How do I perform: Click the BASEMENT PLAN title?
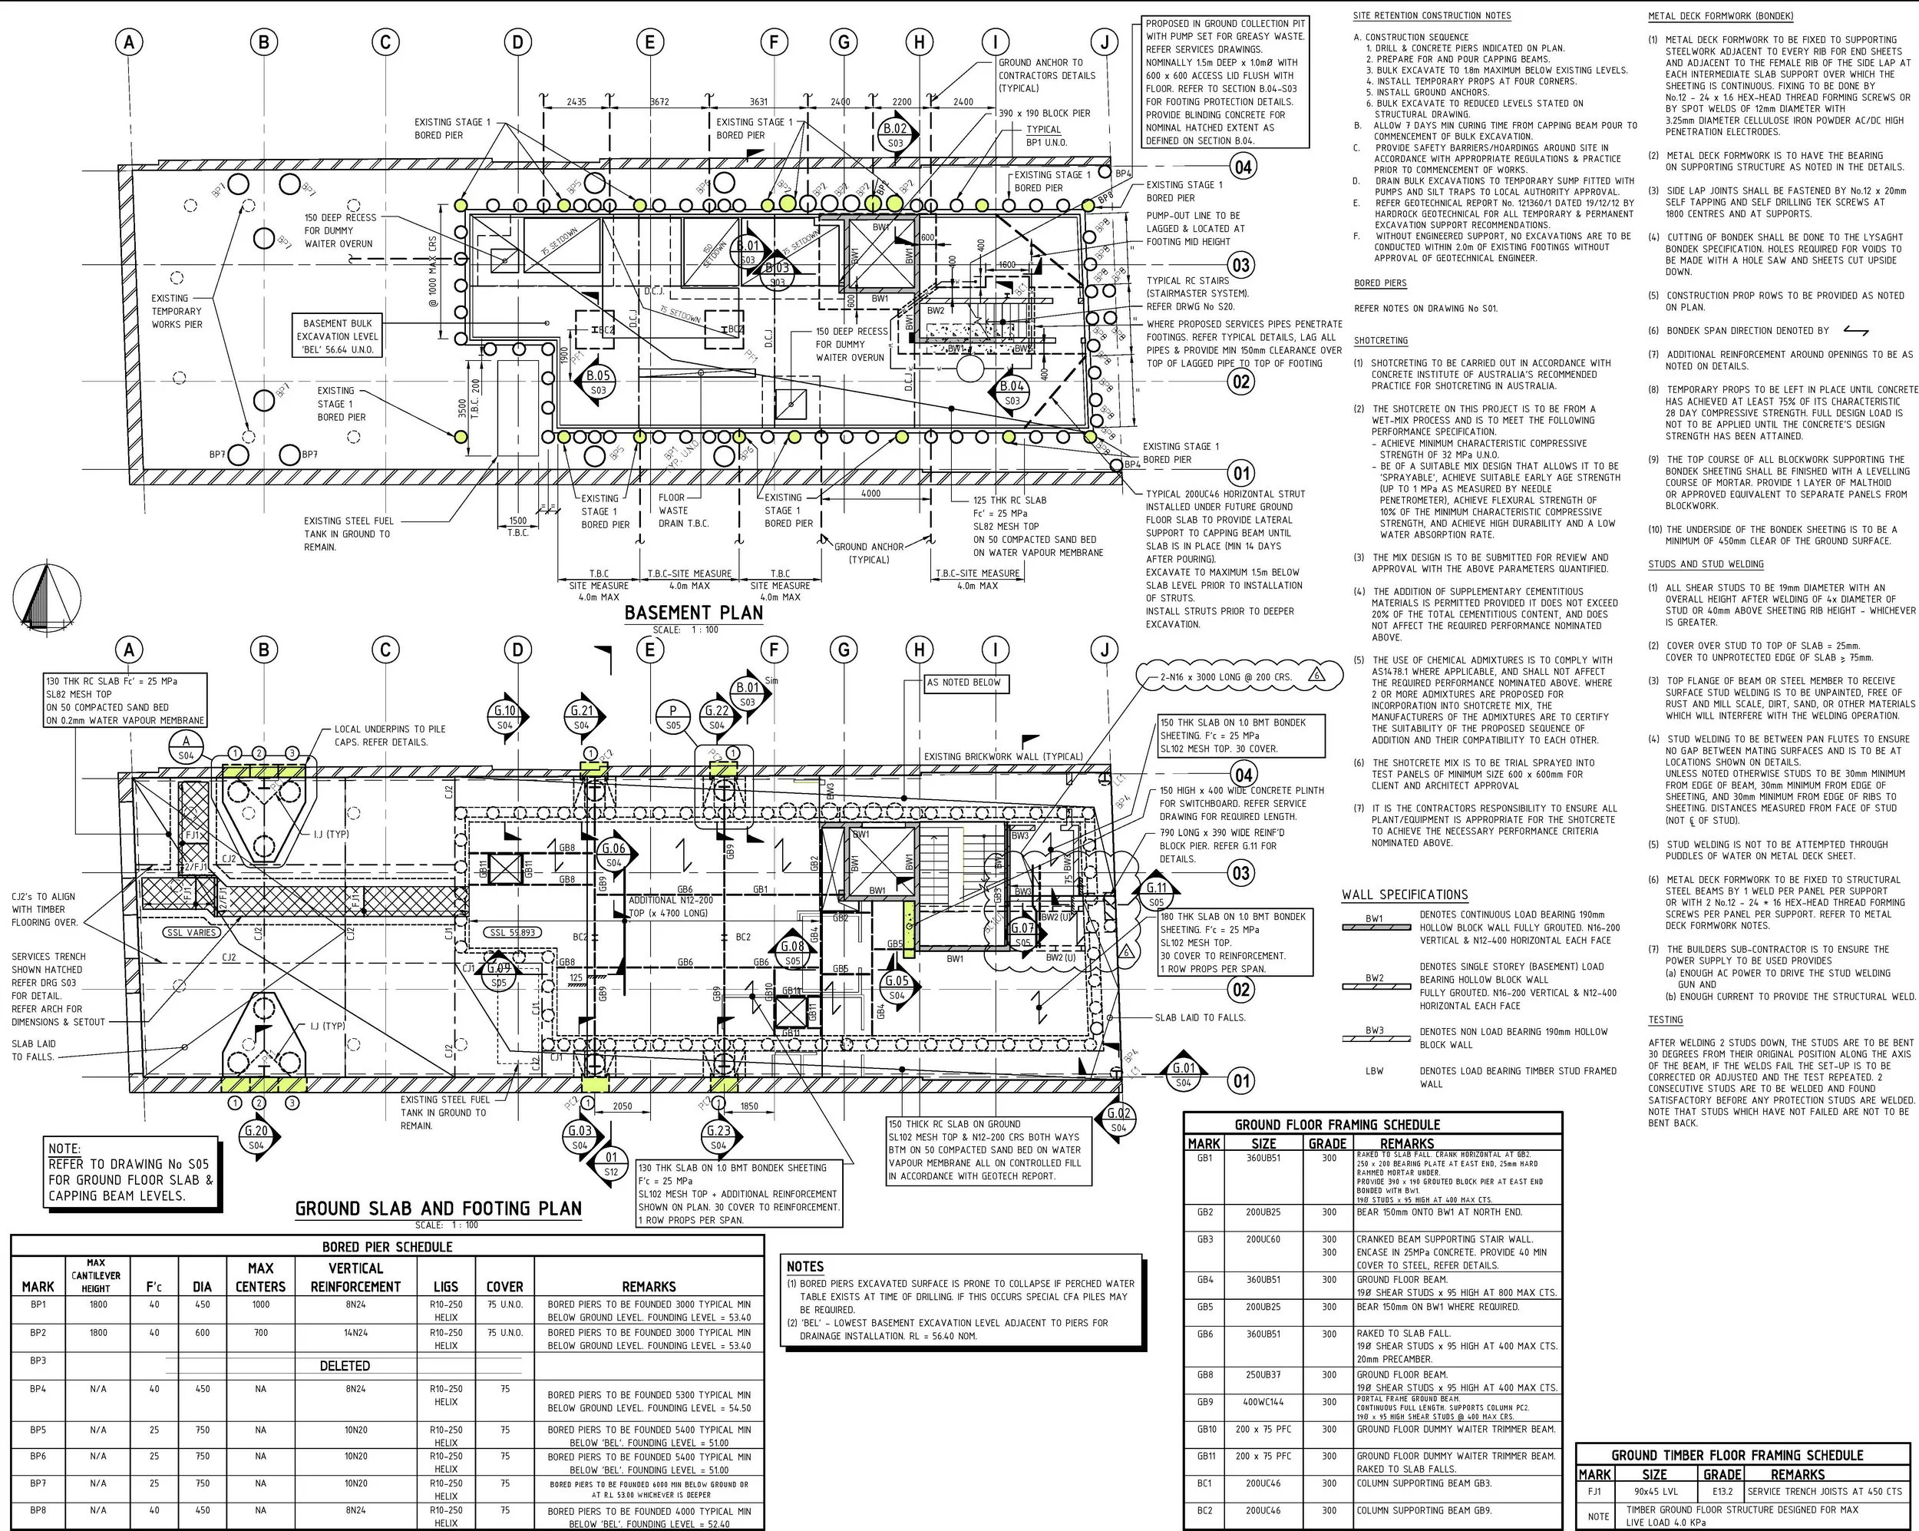(693, 613)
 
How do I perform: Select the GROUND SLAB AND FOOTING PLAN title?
(438, 1208)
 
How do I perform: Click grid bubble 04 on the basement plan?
(1242, 167)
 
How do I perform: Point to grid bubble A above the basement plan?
(130, 41)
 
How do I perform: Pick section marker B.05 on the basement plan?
(598, 382)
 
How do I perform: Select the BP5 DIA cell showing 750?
(202, 1430)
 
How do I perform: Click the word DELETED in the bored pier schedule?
(345, 1365)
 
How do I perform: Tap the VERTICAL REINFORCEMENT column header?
(355, 1278)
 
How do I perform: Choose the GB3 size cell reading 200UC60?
(1263, 1239)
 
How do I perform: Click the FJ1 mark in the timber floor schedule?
(1594, 1491)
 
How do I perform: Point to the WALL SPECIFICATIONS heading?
(1405, 894)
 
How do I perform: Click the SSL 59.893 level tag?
(512, 933)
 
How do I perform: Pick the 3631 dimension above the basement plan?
(758, 102)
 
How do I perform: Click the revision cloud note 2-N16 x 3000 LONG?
(1226, 676)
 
